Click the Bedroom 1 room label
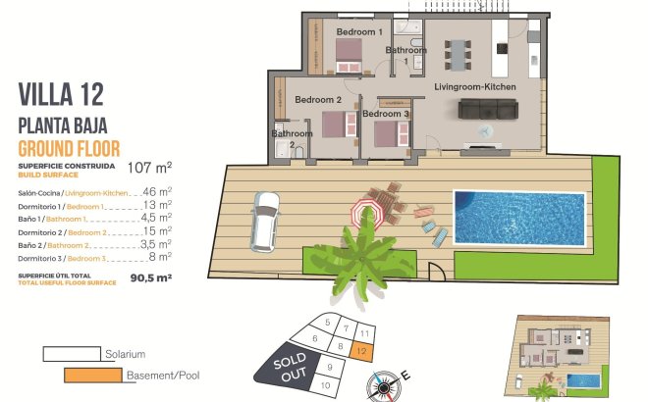[358, 32]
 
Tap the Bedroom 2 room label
[318, 100]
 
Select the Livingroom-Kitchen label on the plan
[475, 88]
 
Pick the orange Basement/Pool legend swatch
[93, 375]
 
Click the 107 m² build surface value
[150, 167]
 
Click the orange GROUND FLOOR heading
[69, 148]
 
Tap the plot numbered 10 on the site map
[326, 385]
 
